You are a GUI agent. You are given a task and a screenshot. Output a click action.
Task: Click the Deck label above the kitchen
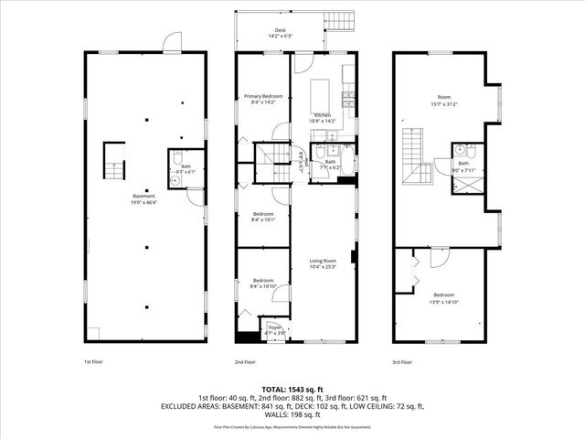click(280, 33)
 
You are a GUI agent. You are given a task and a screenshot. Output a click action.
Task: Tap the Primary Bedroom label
click(262, 99)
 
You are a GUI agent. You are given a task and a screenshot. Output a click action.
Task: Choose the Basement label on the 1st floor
click(144, 198)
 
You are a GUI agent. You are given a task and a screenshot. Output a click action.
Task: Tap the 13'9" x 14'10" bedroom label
click(444, 297)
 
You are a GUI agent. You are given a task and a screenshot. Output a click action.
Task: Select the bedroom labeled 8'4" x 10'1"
click(262, 217)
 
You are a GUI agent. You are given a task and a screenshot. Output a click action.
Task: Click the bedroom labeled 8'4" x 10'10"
click(262, 283)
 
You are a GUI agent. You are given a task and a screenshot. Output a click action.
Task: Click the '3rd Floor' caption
click(402, 362)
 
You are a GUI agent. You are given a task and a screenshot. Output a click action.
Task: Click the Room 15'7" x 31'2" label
click(444, 99)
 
